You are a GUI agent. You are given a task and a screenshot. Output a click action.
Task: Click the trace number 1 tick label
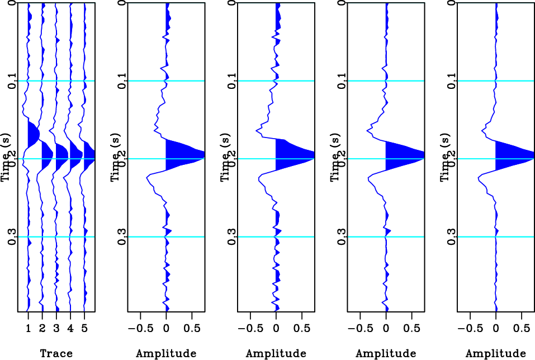[x=29, y=329]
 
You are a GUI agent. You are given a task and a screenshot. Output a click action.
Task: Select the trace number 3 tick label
[x=56, y=329]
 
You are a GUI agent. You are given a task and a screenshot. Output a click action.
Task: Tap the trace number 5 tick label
[x=84, y=329]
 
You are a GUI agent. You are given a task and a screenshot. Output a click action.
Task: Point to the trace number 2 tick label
[x=42, y=329]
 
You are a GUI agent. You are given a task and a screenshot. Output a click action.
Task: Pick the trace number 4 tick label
[x=70, y=329]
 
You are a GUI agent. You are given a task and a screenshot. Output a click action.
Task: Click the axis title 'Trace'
[x=56, y=353]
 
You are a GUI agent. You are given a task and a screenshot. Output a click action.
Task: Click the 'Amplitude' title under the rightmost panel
[x=496, y=353]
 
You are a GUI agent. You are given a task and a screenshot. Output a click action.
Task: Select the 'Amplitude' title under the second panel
[x=166, y=353]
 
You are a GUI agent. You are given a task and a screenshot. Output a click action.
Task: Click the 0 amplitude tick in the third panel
[x=276, y=329]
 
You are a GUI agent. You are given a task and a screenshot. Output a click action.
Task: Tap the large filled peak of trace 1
[x=32, y=133]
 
